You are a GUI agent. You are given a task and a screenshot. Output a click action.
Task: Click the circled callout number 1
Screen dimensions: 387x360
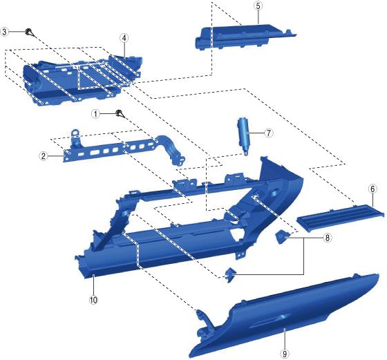[x=95, y=114]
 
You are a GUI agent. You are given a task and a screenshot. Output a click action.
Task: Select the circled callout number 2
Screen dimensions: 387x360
[x=44, y=156]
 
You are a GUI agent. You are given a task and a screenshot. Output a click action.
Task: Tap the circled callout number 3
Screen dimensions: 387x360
[x=5, y=32]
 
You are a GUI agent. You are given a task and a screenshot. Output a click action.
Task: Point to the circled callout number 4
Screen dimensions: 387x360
[x=124, y=38]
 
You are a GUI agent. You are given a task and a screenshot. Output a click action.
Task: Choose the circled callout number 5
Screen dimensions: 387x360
[x=258, y=6]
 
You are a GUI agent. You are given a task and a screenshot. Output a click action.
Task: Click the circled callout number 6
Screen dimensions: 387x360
[x=372, y=189]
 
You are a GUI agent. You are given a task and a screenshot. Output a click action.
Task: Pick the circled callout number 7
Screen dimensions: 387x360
[x=269, y=133]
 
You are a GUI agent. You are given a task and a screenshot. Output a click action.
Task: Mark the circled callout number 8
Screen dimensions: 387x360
[x=328, y=238]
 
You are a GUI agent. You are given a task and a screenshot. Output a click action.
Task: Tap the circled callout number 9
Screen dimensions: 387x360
[x=285, y=354]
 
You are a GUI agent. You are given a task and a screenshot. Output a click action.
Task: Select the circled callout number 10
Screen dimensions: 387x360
[x=93, y=300]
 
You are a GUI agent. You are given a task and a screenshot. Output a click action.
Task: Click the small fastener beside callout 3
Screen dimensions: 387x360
[x=29, y=32]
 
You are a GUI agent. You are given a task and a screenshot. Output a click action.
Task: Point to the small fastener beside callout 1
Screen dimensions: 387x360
[x=120, y=113]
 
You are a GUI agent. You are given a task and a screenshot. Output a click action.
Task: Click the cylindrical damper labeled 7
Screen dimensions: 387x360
[x=244, y=135]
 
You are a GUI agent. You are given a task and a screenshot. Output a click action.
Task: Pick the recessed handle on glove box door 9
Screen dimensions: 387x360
[x=270, y=321]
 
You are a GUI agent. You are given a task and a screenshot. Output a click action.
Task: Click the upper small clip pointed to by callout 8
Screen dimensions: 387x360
[x=281, y=236]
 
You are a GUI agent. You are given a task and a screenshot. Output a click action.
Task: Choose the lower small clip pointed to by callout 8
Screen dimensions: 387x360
[x=229, y=274]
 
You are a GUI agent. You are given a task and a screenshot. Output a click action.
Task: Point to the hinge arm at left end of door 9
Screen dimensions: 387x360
[x=205, y=324]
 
